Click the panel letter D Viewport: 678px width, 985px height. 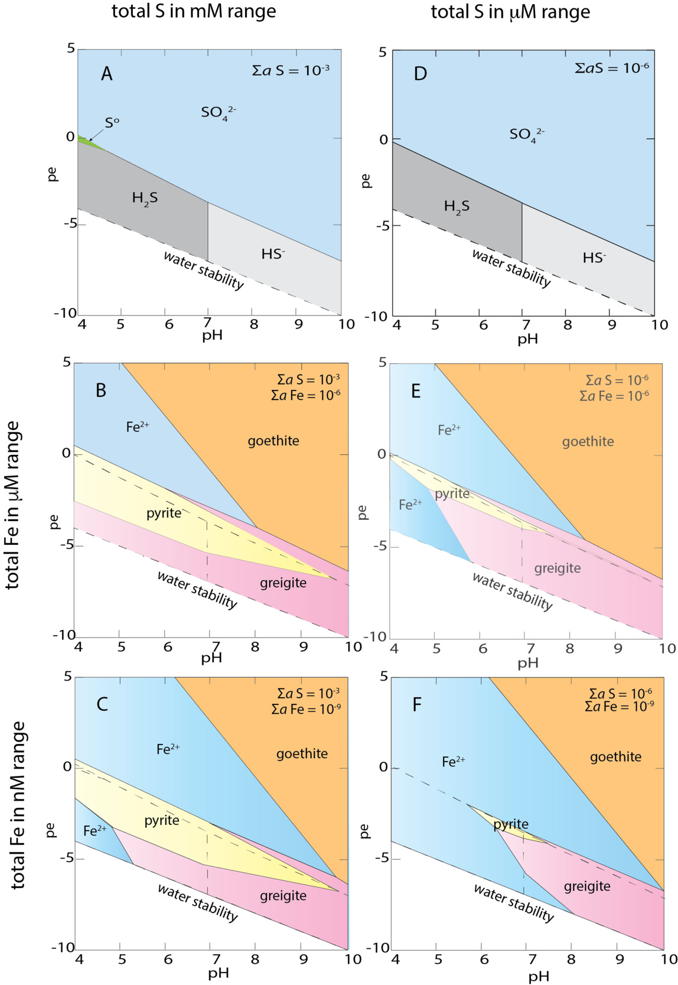[x=420, y=74]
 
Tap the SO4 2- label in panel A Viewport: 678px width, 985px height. [x=218, y=112]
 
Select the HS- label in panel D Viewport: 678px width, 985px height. [x=594, y=258]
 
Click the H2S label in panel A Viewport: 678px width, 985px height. [x=145, y=198]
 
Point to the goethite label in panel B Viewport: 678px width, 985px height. [x=273, y=441]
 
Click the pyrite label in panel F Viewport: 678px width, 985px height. [x=511, y=824]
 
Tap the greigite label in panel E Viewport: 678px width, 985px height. [x=557, y=568]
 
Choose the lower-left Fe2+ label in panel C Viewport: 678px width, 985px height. [x=94, y=831]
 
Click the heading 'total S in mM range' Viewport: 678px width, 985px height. [x=194, y=11]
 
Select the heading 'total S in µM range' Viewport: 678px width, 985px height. [x=510, y=12]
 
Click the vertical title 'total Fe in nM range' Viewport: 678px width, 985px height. [x=18, y=805]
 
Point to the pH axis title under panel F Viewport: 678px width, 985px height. [x=538, y=976]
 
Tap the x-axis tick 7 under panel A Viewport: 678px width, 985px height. [x=207, y=323]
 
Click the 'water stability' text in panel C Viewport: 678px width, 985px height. [x=197, y=902]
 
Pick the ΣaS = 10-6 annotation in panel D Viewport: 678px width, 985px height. [x=611, y=68]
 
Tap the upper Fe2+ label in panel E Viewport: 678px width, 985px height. [x=449, y=430]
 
